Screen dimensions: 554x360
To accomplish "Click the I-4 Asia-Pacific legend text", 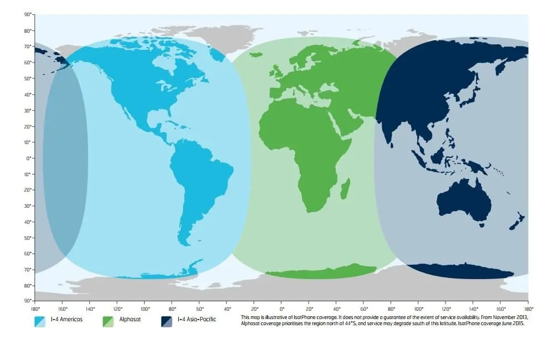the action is pos(198,320).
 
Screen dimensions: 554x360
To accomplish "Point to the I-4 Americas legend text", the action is pos(66,320).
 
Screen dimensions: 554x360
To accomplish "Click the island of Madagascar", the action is pos(345,188).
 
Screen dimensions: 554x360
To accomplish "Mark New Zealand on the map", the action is pos(517,222).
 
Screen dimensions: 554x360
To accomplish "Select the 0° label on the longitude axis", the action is pos(281,308).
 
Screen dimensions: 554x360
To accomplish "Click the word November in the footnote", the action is pos(484,317).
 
